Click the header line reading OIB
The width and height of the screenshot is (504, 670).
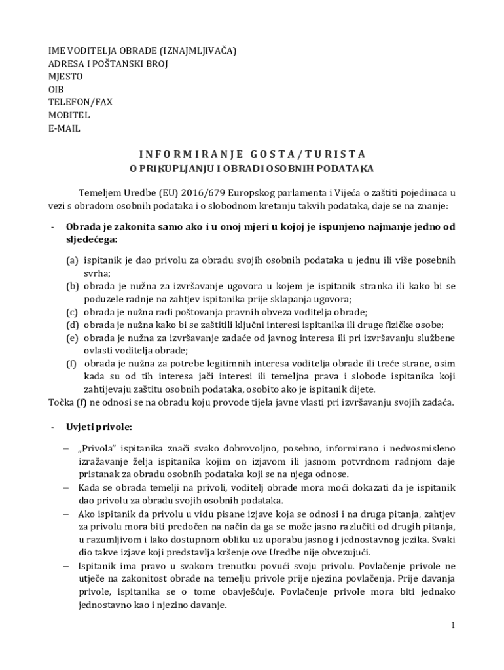pos(56,90)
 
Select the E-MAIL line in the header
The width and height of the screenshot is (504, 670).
pos(64,128)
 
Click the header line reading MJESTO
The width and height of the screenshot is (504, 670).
pos(65,77)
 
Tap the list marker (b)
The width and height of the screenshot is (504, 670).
pos(72,286)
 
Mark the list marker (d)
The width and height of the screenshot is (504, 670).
pos(72,325)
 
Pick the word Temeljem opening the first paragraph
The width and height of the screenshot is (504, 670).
pos(101,193)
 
